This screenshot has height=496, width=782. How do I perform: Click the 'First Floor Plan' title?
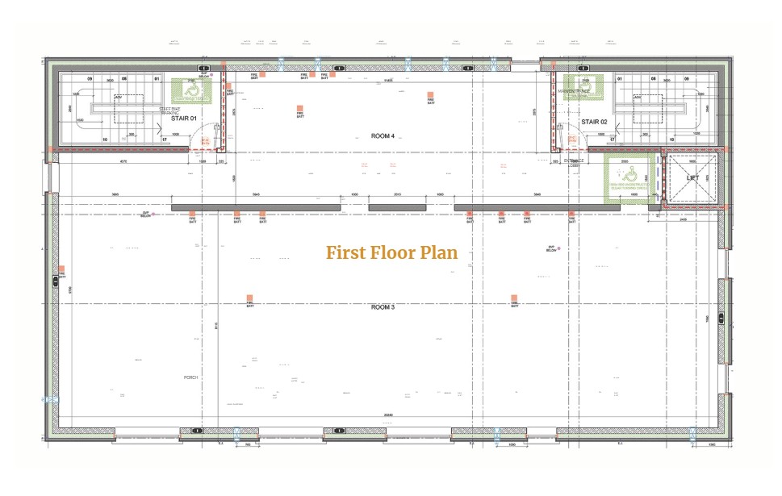tap(391, 252)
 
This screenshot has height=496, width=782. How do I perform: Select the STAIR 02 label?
tap(594, 122)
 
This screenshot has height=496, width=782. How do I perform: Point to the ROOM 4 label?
tap(382, 136)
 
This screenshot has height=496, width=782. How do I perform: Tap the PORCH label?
tap(190, 377)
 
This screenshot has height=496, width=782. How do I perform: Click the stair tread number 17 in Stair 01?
tap(164, 140)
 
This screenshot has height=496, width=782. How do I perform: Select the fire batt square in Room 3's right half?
tap(513, 298)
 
